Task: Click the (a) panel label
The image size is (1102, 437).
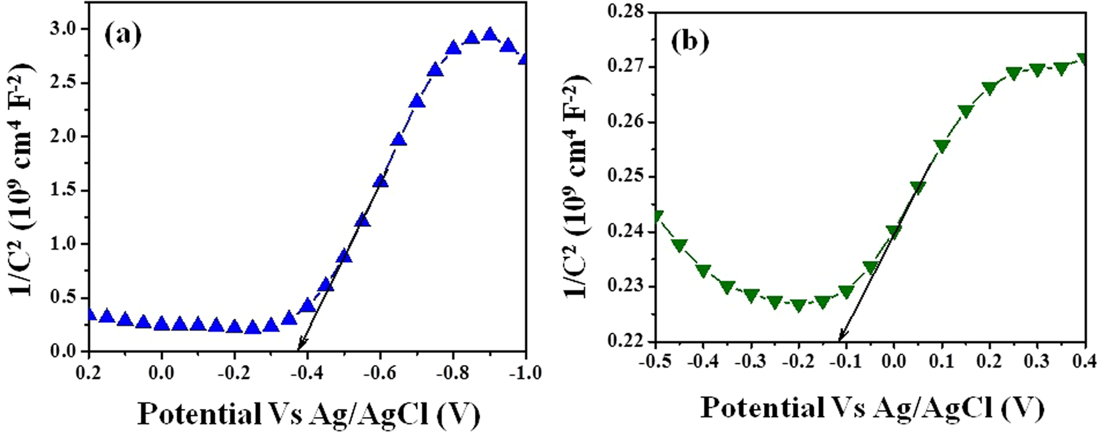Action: pyautogui.click(x=123, y=34)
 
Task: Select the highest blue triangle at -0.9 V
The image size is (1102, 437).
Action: pyautogui.click(x=490, y=35)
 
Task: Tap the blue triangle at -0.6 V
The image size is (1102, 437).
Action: pyautogui.click(x=381, y=181)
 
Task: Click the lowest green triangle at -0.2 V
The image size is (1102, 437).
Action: pyautogui.click(x=798, y=306)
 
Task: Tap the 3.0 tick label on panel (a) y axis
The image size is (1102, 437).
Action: pyautogui.click(x=65, y=29)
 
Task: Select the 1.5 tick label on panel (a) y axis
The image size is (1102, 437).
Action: pyautogui.click(x=65, y=191)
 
